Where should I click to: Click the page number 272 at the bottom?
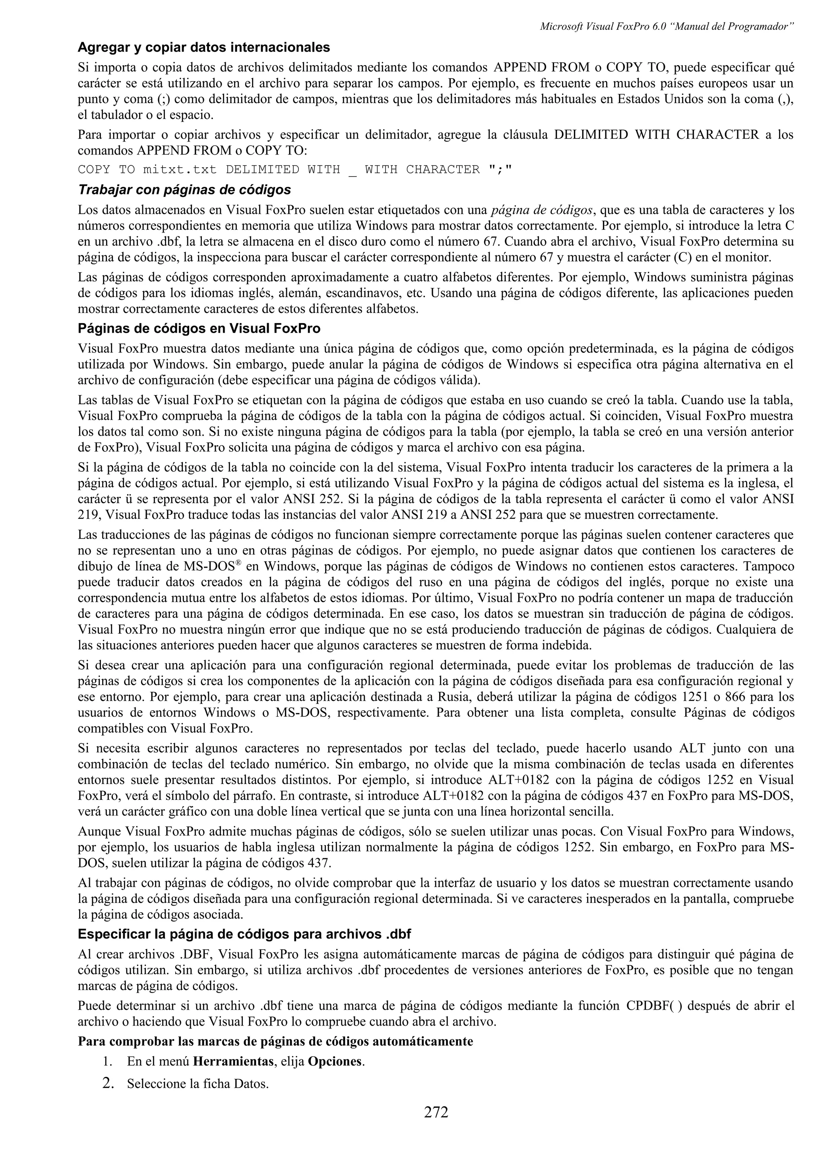point(436,1127)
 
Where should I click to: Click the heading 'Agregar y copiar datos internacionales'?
point(203,48)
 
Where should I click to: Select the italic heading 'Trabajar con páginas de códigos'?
point(184,190)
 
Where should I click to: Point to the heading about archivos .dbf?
point(244,934)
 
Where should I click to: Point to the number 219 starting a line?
point(88,515)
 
